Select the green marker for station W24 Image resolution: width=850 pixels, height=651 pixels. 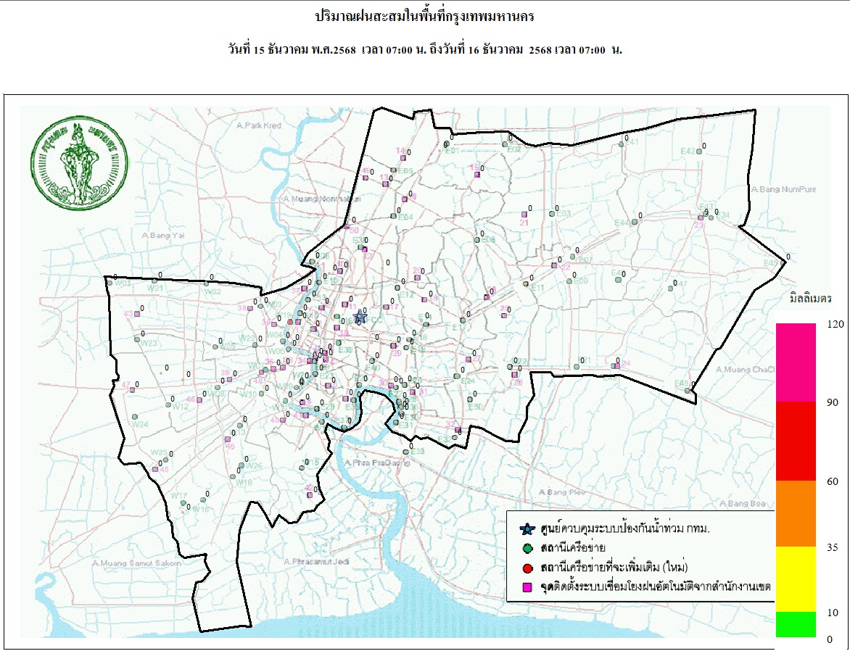[x=135, y=417]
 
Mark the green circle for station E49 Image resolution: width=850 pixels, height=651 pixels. [x=688, y=391]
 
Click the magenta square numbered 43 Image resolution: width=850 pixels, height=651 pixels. [x=136, y=314]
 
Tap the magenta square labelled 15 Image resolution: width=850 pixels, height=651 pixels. [x=477, y=173]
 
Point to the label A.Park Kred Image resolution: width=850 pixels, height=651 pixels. [x=259, y=125]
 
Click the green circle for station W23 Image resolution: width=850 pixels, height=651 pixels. [x=136, y=339]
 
